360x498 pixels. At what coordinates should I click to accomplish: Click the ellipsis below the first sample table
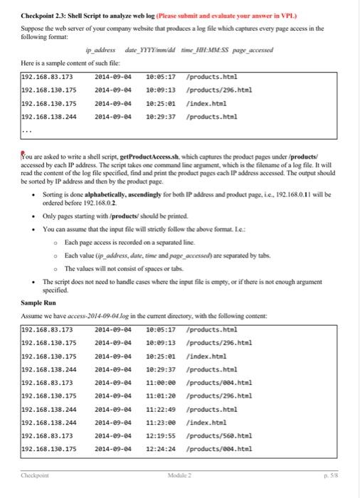26,131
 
